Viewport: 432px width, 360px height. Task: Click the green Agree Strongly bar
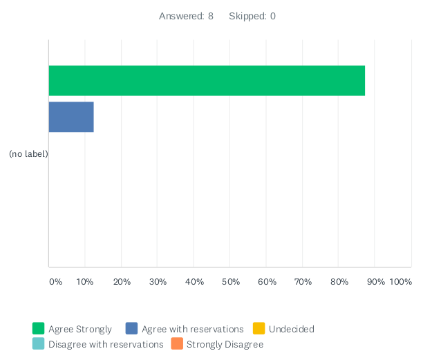click(x=207, y=81)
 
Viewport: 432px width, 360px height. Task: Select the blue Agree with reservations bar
click(x=71, y=117)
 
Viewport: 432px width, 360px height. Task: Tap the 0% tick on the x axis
click(x=56, y=282)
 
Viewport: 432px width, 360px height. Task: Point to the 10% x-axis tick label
click(x=85, y=282)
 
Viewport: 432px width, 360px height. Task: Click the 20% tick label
click(x=122, y=282)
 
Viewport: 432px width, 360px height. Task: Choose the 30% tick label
click(x=158, y=282)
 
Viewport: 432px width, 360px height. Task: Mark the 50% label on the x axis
click(x=230, y=282)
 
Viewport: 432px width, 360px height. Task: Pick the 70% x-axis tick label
click(x=303, y=282)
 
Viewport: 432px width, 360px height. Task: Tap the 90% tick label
click(x=375, y=282)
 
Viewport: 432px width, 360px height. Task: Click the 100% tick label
click(x=401, y=282)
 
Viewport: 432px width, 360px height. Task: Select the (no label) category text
click(x=28, y=153)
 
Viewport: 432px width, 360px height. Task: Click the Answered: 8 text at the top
click(x=186, y=16)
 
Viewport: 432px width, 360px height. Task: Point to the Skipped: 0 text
click(x=252, y=16)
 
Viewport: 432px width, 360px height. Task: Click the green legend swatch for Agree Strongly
click(x=39, y=329)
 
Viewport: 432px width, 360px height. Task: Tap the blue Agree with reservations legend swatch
click(x=132, y=329)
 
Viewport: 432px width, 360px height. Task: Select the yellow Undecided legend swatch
click(x=259, y=329)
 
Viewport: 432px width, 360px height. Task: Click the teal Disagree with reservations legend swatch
click(x=39, y=344)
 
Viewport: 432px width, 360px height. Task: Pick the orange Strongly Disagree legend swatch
click(x=177, y=344)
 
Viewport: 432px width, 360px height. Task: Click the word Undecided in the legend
click(x=291, y=329)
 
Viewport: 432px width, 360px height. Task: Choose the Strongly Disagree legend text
click(x=225, y=344)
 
